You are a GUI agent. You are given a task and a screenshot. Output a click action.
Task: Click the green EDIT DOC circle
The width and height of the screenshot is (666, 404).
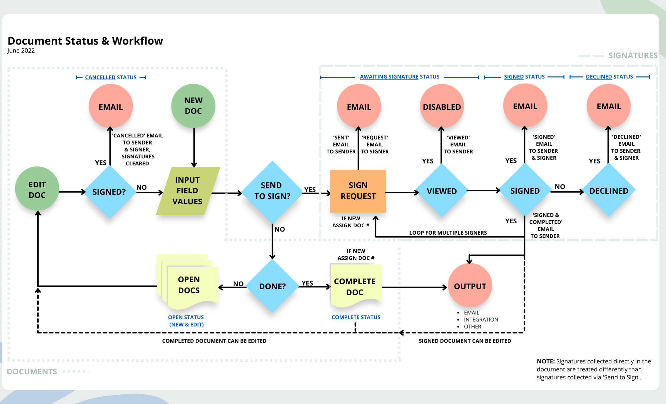tap(37, 189)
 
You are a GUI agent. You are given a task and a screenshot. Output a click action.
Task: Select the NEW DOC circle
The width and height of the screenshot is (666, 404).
tap(193, 106)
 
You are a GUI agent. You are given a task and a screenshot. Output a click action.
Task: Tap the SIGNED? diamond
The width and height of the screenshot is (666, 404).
tap(109, 192)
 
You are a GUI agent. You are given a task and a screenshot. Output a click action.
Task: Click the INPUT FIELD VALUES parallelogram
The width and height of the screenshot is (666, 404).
tap(187, 191)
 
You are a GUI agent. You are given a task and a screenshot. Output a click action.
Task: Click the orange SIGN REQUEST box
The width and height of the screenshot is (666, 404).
tap(358, 191)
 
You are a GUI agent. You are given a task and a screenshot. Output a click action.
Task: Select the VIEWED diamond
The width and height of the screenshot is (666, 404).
tap(442, 191)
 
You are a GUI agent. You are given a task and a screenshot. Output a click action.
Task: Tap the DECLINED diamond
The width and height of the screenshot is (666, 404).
tap(609, 191)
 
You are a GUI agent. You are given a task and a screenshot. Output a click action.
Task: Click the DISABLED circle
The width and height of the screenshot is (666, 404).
tap(442, 107)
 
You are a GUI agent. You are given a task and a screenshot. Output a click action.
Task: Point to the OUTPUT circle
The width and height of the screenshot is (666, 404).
tap(470, 286)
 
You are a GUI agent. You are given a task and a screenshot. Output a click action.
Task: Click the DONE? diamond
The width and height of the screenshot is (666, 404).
tap(272, 286)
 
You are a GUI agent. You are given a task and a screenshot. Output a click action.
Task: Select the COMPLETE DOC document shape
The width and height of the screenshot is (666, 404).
tap(355, 286)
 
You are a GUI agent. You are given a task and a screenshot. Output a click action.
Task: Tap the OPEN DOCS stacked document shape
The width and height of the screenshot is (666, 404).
tap(189, 285)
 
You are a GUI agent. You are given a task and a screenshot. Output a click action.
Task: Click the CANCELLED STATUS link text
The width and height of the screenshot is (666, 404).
tap(111, 78)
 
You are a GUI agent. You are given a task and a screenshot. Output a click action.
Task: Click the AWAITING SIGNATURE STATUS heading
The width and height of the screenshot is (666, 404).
tap(400, 77)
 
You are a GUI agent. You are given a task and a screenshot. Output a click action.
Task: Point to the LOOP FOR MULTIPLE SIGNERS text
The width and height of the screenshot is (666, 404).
tap(448, 233)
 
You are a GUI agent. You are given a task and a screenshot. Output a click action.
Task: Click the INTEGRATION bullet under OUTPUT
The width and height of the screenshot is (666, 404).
tap(481, 319)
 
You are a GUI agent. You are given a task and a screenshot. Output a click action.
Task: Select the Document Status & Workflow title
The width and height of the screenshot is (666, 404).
tap(85, 41)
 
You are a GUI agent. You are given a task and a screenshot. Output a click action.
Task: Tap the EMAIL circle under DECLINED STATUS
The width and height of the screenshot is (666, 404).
tap(609, 106)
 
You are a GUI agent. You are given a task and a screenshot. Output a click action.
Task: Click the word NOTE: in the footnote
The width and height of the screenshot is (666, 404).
tap(545, 361)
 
